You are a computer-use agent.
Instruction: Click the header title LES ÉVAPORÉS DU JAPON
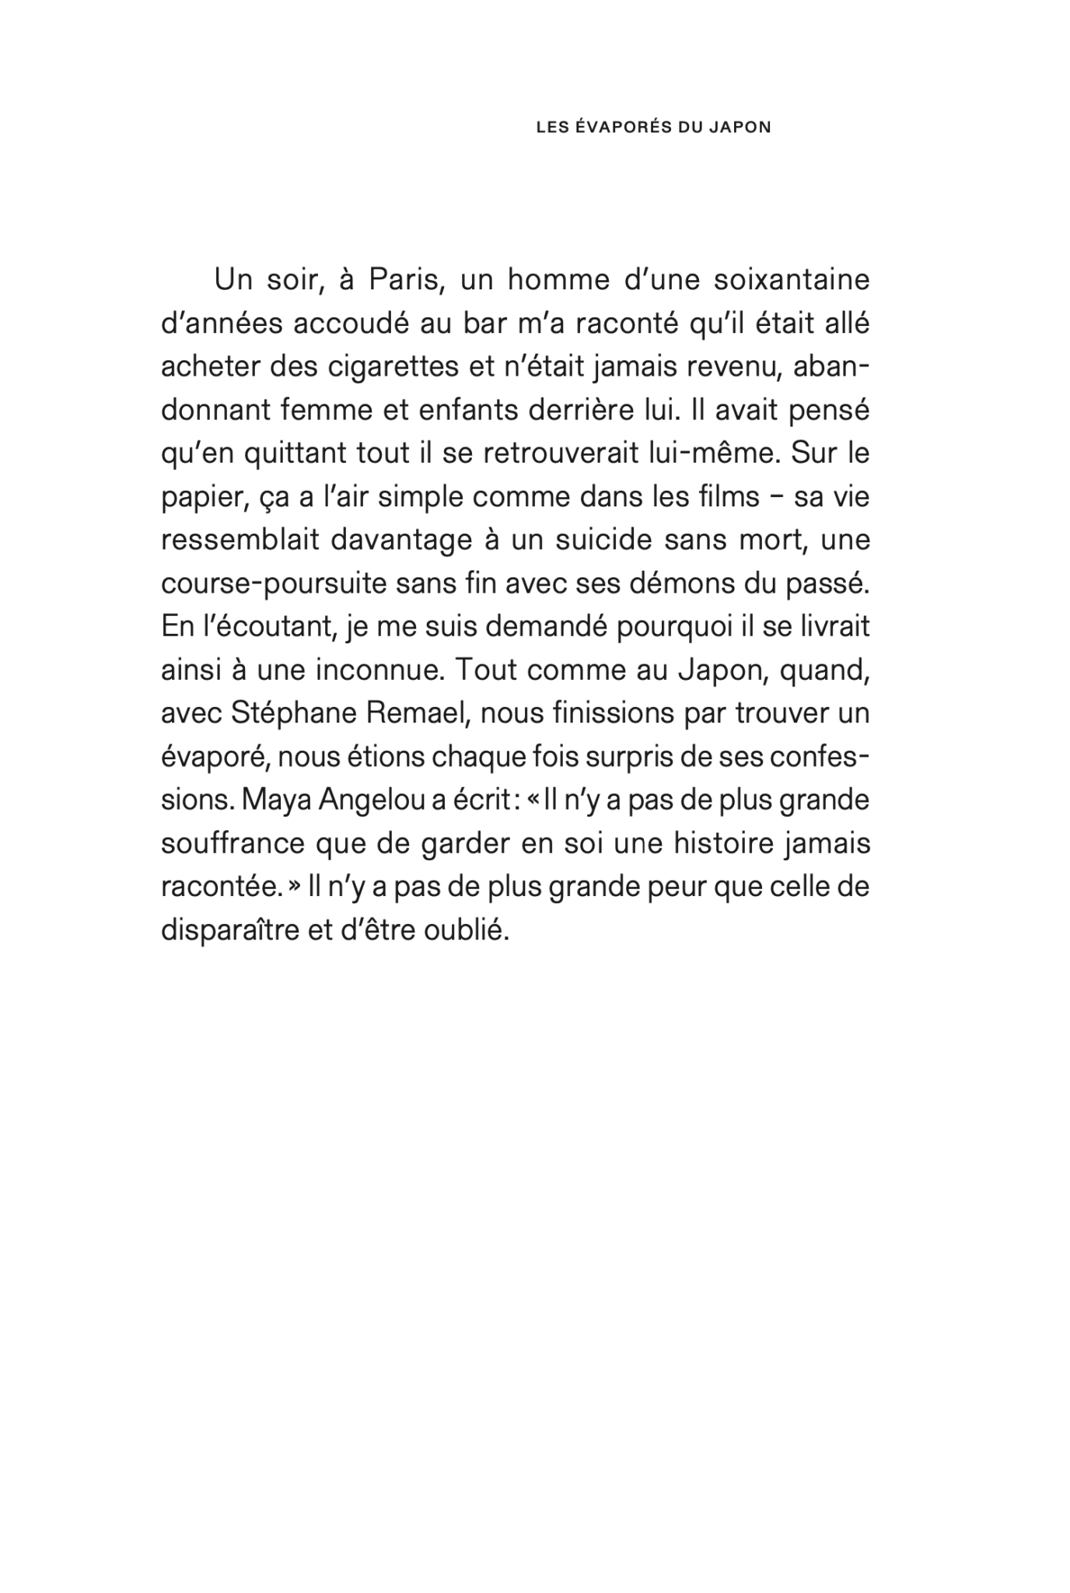[x=653, y=128]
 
